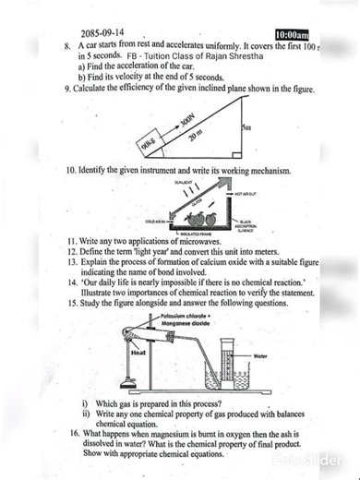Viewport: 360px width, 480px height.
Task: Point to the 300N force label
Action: [188, 123]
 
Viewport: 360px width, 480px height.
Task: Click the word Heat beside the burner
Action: [139, 353]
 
